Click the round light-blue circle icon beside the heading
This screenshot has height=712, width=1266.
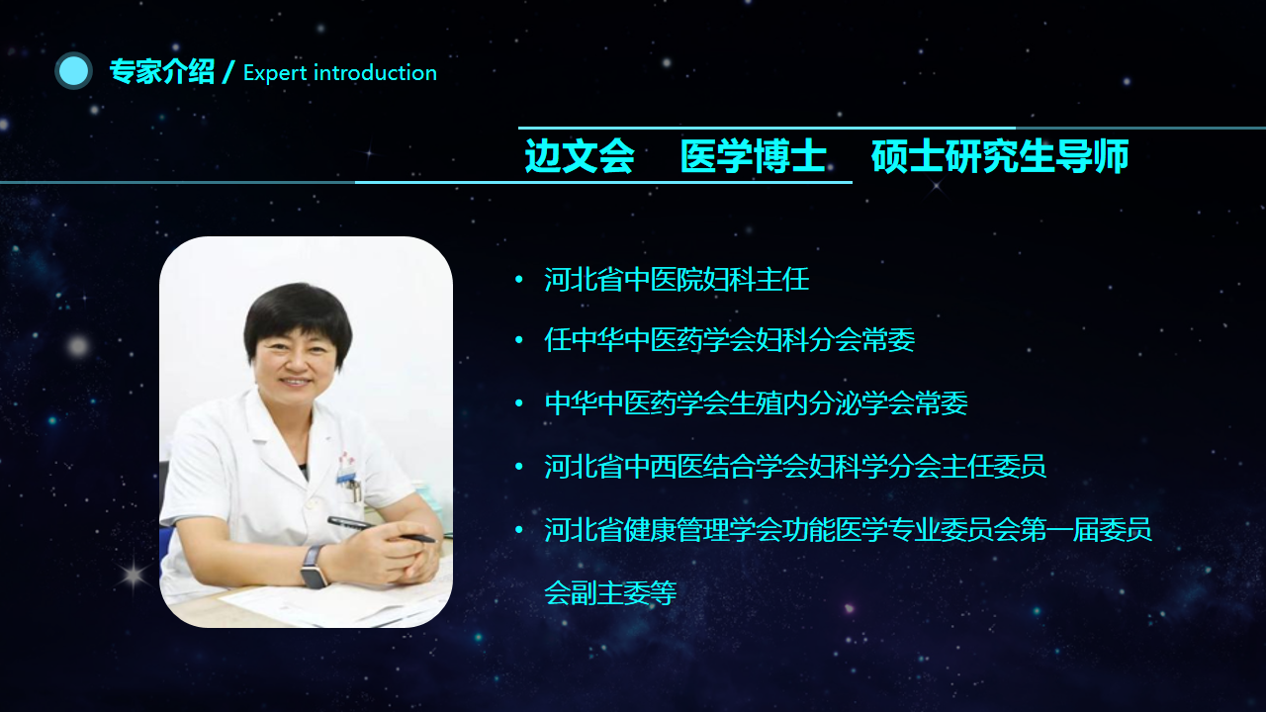73,71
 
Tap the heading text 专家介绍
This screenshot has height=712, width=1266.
162,72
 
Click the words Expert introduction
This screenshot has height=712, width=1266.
340,73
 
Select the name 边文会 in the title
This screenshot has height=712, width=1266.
580,155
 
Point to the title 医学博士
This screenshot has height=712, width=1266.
754,155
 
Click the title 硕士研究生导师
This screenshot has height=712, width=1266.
1000,155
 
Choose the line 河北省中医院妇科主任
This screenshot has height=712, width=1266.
677,280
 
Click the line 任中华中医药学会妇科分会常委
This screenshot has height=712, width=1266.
729,340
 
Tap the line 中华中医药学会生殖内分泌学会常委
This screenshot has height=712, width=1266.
756,403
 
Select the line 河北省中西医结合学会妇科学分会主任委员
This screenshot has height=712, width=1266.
794,467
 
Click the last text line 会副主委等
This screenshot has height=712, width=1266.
610,592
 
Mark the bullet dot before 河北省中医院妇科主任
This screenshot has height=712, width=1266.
519,279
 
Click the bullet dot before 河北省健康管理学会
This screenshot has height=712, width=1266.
519,529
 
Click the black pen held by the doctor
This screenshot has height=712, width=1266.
381,529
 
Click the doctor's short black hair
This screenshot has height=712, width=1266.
298,316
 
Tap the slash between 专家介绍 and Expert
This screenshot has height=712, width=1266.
228,72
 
